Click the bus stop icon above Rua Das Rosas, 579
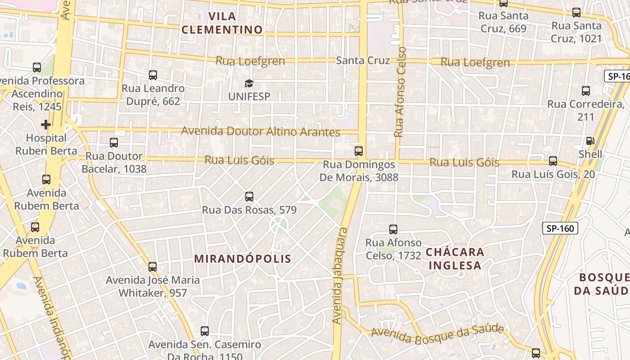pyautogui.click(x=249, y=197)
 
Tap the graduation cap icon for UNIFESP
pyautogui.click(x=249, y=83)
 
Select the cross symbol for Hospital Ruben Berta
pyautogui.click(x=45, y=124)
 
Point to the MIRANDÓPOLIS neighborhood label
pyautogui.click(x=243, y=259)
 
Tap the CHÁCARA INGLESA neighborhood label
pyautogui.click(x=455, y=258)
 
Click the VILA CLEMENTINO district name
pyautogui.click(x=222, y=23)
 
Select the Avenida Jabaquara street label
pyautogui.click(x=340, y=276)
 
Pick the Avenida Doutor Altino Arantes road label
pyautogui.click(x=261, y=131)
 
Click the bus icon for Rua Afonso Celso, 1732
pyautogui.click(x=393, y=229)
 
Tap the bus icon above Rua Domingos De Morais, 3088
pyautogui.click(x=359, y=151)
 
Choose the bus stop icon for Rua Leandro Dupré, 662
pyautogui.click(x=153, y=75)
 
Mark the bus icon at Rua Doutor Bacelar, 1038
pyautogui.click(x=114, y=143)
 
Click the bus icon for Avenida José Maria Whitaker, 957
pyautogui.click(x=153, y=266)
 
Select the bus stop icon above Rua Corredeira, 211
pyautogui.click(x=586, y=91)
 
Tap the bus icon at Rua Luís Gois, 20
pyautogui.click(x=553, y=161)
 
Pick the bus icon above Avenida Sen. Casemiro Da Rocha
pyautogui.click(x=205, y=331)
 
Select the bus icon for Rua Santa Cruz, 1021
pyautogui.click(x=576, y=13)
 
